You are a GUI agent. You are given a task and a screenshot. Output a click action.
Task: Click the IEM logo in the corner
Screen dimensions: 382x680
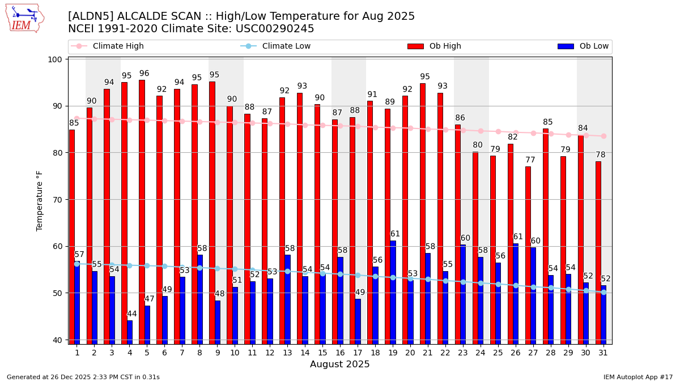point(24,18)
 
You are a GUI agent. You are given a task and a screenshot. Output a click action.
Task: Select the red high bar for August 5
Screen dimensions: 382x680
point(142,212)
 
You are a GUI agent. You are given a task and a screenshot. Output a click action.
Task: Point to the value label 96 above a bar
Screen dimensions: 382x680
point(144,74)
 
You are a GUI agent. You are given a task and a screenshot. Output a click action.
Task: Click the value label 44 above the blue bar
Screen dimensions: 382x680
point(131,314)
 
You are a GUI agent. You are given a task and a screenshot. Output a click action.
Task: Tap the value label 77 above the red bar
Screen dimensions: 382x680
point(530,160)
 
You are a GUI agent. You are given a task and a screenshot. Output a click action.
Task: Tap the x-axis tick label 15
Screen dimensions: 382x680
point(322,353)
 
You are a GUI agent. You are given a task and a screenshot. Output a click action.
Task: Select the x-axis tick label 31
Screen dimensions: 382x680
point(603,353)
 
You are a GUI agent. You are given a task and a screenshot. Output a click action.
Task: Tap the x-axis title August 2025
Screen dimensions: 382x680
point(339,364)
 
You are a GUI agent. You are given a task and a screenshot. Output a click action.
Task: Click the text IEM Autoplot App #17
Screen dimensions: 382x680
point(638,377)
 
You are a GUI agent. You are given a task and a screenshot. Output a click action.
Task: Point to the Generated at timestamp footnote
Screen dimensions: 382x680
point(83,377)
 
